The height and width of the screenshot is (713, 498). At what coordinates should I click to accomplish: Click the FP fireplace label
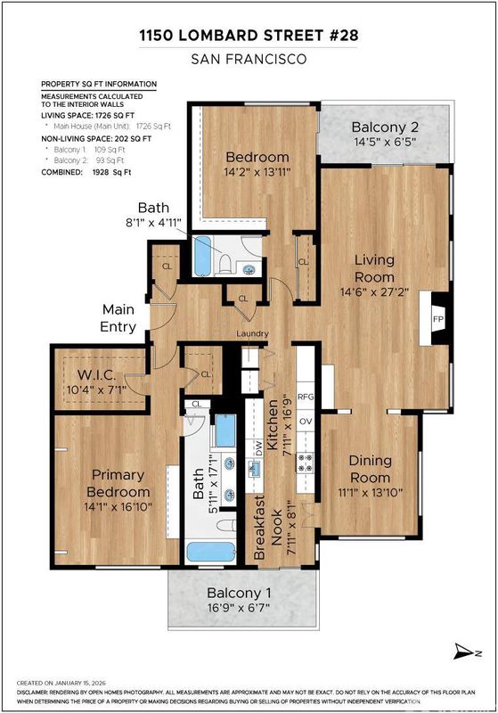point(438,319)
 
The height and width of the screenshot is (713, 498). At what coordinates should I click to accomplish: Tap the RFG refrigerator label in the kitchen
point(306,397)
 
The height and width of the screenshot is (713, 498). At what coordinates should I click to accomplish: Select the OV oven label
point(306,421)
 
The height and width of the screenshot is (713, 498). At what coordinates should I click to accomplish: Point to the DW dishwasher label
point(258,449)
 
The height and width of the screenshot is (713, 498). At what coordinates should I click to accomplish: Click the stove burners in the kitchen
point(305,462)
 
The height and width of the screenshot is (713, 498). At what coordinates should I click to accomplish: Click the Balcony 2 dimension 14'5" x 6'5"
point(385,142)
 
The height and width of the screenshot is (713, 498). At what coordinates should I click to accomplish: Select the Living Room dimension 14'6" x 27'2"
point(374,291)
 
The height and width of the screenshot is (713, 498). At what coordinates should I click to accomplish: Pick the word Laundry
point(252,333)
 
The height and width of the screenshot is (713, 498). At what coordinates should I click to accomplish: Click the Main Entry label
point(118,318)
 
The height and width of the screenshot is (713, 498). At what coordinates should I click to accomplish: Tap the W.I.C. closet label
point(96,375)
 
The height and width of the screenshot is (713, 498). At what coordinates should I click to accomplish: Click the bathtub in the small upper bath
point(202,256)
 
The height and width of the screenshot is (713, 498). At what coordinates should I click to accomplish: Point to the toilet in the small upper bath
point(225,264)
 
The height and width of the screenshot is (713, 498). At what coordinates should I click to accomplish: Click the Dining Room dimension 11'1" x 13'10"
point(371,493)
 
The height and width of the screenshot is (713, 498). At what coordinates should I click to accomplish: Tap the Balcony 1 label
point(239,593)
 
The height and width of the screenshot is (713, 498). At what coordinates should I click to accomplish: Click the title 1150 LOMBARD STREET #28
point(249,35)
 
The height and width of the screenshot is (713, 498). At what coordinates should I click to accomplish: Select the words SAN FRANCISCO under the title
point(249,59)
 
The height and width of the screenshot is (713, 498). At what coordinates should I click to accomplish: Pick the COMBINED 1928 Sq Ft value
point(111,172)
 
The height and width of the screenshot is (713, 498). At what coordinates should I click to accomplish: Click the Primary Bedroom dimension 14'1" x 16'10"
point(118,507)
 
